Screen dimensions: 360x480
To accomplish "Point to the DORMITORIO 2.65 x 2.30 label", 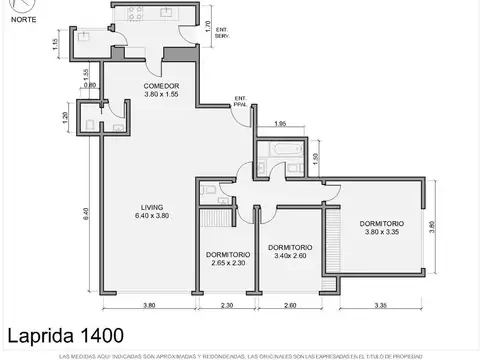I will click(x=228, y=258).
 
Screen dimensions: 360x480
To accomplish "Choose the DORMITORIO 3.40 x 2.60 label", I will click(x=290, y=251).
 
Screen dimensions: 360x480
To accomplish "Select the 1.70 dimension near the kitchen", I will click(x=206, y=26).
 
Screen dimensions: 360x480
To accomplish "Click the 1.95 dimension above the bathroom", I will click(x=281, y=124).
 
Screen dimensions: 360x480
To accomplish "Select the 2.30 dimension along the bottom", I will click(x=227, y=305).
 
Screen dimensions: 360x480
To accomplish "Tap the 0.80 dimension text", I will click(x=89, y=85).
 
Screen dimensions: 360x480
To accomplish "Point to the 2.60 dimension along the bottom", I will click(x=290, y=305).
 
